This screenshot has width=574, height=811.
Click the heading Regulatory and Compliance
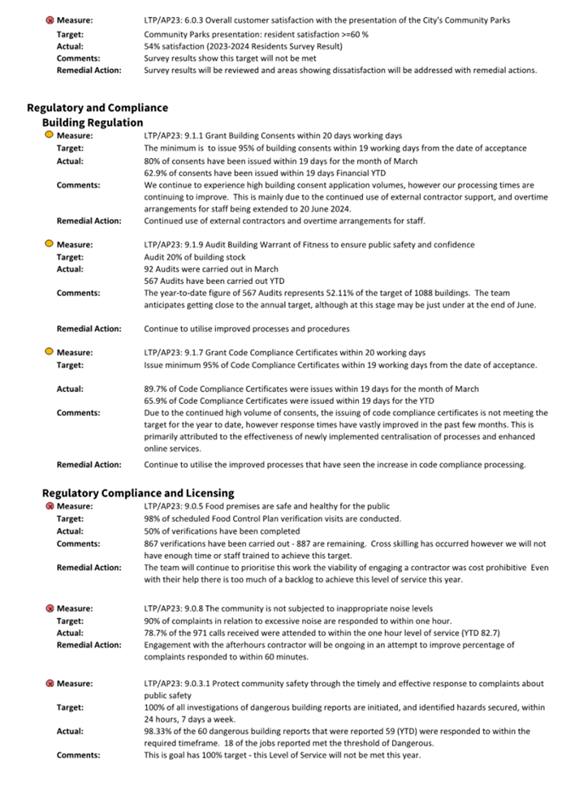97,108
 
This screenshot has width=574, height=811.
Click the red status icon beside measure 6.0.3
49,20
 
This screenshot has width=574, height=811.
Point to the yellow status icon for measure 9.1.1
49,135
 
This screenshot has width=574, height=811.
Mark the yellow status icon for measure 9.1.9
49,244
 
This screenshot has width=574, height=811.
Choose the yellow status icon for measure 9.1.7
49,352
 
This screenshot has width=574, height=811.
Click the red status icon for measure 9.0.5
49,507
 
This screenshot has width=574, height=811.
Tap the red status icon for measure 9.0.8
49,609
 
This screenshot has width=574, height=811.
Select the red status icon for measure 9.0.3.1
49,683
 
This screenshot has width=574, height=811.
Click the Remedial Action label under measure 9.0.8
88,645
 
